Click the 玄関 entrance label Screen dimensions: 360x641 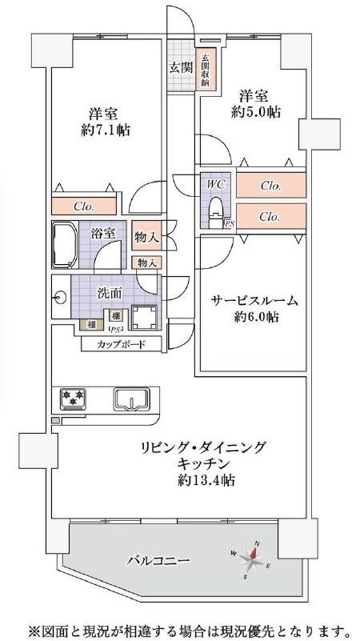(181, 67)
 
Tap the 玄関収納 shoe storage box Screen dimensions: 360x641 (204, 70)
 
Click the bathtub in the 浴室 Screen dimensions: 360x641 (65, 244)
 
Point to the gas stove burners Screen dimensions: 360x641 (73, 399)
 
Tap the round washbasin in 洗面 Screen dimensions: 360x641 (61, 298)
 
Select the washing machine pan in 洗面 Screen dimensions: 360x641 (144, 317)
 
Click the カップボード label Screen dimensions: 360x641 (121, 344)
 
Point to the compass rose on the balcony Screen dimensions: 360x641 (252, 559)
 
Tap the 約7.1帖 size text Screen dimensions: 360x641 (106, 130)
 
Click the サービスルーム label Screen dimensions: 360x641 (254, 301)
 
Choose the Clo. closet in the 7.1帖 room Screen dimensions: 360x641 (84, 206)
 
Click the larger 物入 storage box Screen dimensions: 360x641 (146, 236)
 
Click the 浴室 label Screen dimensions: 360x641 (102, 234)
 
